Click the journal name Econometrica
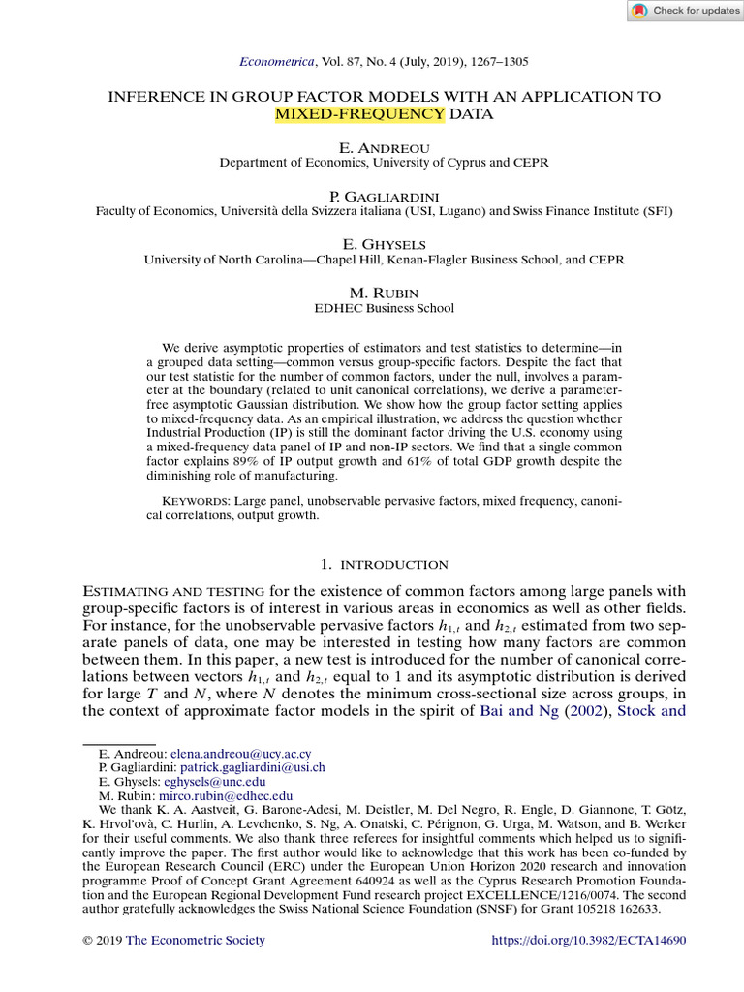coord(276,62)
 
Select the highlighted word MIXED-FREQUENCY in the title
coord(359,114)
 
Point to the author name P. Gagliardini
coord(371,196)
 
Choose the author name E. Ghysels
coord(371,244)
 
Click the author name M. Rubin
coord(371,293)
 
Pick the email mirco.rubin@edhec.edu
coord(222,796)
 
